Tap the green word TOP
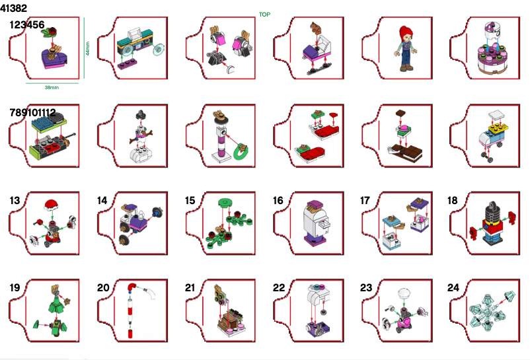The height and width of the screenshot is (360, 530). (264, 14)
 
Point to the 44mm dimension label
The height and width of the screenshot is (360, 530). (87, 50)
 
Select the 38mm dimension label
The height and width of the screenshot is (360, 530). (51, 87)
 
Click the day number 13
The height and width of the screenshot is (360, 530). (15, 200)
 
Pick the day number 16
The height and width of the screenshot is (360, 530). (278, 200)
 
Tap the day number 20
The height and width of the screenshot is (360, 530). (103, 287)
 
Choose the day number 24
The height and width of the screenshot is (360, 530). (453, 287)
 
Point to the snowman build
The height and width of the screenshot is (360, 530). (140, 135)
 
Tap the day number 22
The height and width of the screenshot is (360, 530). (278, 287)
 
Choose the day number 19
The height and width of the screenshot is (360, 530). (15, 287)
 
